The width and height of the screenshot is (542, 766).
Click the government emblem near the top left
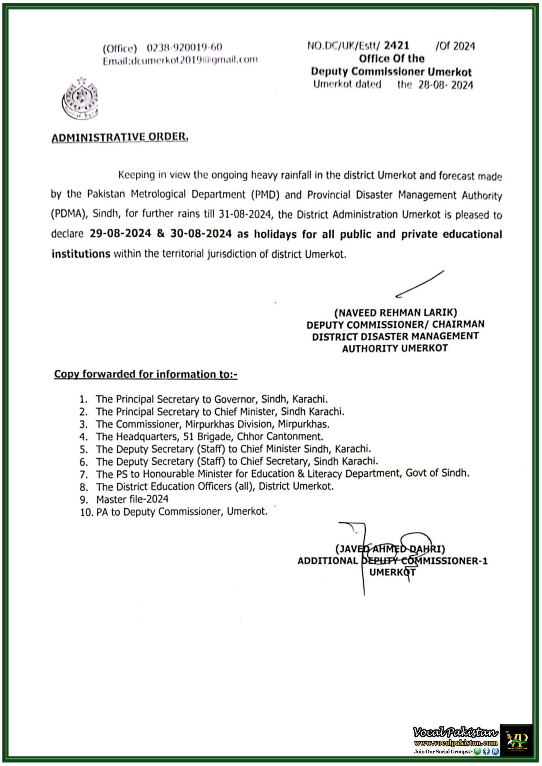pyautogui.click(x=80, y=98)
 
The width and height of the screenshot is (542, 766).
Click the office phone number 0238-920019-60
pyautogui.click(x=184, y=48)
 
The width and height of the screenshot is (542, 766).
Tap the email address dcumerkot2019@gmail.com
pyautogui.click(x=194, y=60)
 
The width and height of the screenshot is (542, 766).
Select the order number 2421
pyautogui.click(x=396, y=45)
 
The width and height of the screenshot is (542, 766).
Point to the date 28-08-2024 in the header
pyautogui.click(x=446, y=85)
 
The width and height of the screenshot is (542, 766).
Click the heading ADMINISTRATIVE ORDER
pyautogui.click(x=120, y=137)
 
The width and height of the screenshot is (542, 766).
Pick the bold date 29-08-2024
pyautogui.click(x=120, y=233)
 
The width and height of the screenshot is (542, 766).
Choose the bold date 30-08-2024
pyautogui.click(x=201, y=233)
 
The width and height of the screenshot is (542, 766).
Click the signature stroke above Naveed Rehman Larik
pyautogui.click(x=420, y=284)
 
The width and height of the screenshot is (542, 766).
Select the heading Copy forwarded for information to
pyautogui.click(x=146, y=374)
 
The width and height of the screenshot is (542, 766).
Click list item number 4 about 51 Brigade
pyautogui.click(x=209, y=436)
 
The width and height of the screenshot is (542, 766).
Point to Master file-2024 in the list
pyautogui.click(x=132, y=499)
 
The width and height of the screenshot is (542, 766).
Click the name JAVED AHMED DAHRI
pyautogui.click(x=390, y=549)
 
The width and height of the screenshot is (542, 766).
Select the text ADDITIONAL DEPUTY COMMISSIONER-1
pyautogui.click(x=392, y=561)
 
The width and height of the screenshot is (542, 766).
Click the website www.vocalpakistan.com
pyautogui.click(x=455, y=743)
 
